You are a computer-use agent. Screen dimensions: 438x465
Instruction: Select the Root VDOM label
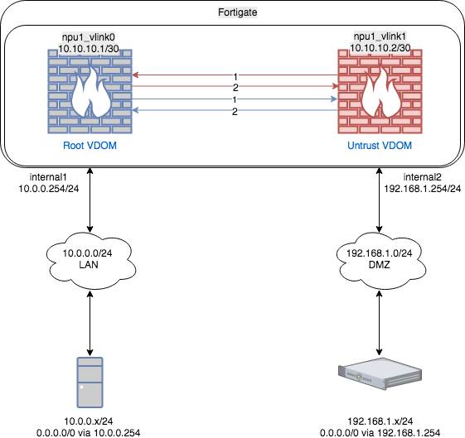coord(90,145)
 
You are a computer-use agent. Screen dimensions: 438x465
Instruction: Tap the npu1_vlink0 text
coord(90,38)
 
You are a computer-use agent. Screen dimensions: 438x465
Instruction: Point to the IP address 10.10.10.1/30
coord(90,50)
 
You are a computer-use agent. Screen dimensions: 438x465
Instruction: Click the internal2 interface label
coord(424,177)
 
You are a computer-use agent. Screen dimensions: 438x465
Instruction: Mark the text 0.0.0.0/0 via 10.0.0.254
coord(89,431)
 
